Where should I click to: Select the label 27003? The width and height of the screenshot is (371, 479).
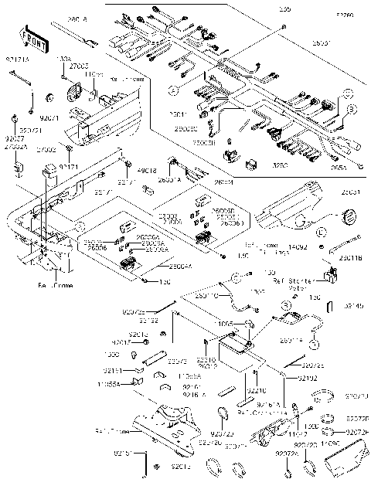point(78,67)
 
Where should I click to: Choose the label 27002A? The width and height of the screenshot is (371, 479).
point(19,146)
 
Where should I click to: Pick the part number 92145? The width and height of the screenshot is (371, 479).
point(352,306)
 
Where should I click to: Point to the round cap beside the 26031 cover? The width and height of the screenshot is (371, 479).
point(349,215)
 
